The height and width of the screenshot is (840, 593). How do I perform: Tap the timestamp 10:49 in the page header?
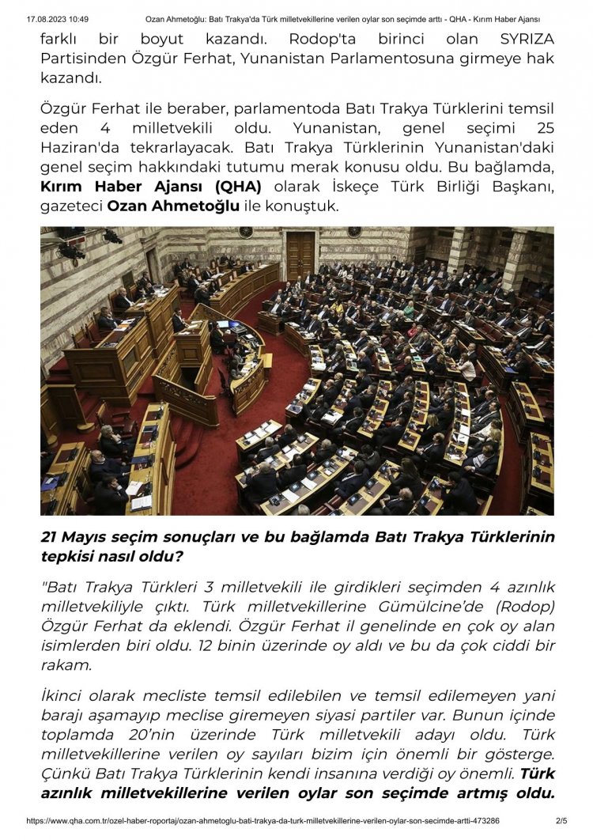coord(77,18)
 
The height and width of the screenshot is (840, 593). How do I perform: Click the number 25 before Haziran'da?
coord(545,128)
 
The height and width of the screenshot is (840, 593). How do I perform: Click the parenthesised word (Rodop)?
coord(524,607)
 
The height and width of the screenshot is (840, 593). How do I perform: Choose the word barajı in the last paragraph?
coord(62,715)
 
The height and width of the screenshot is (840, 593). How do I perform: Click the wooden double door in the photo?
coord(300,255)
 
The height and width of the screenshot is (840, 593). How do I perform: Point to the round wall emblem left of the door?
coord(246,233)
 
